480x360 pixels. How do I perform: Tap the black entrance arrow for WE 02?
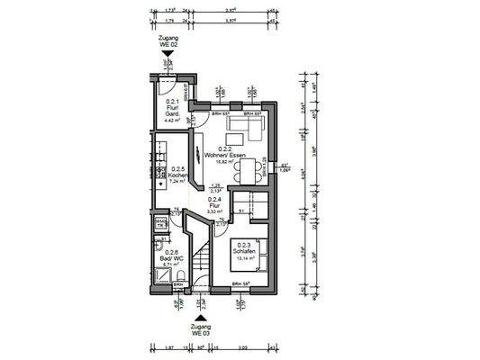click(167, 58)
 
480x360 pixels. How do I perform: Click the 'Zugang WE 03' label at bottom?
click(199, 327)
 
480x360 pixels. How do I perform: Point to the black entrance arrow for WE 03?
click(199, 314)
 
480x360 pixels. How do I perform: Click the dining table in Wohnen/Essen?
click(258, 168)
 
